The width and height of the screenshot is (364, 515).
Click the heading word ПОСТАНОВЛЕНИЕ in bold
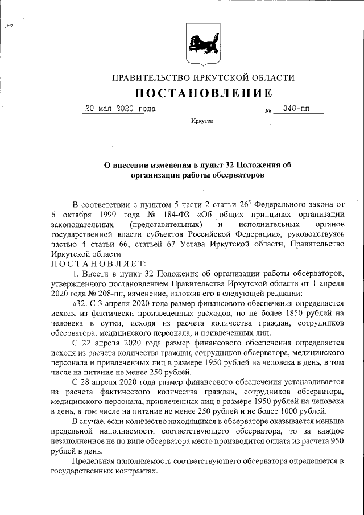tap(203, 93)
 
